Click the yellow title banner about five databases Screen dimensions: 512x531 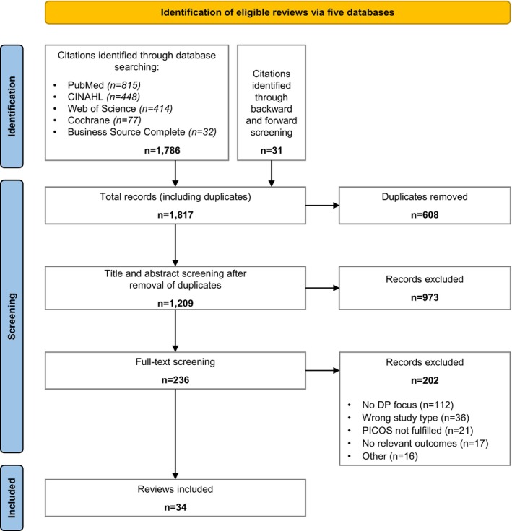[277, 12]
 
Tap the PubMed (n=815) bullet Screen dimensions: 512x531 [104, 85]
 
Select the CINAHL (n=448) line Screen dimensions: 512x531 [103, 97]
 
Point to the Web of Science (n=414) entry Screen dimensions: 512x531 [120, 109]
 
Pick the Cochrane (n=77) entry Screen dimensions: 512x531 [104, 120]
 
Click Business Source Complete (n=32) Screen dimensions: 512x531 [142, 132]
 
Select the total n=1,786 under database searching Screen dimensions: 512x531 [162, 150]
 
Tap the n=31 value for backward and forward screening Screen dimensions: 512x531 [272, 150]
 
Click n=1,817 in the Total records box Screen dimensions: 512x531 [175, 215]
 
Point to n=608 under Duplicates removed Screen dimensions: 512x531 [425, 215]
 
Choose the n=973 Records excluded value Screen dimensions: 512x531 [425, 297]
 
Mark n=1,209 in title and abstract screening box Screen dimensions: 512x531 [175, 303]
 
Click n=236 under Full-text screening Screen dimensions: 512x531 [175, 380]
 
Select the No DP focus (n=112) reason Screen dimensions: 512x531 [407, 405]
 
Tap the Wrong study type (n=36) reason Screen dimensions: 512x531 [415, 418]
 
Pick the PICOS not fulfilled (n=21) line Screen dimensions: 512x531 [417, 431]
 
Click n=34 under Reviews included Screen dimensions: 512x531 [175, 507]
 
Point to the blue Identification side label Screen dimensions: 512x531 [12, 106]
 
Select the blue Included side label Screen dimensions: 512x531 [12, 498]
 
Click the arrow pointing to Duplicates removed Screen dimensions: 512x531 [323, 205]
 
